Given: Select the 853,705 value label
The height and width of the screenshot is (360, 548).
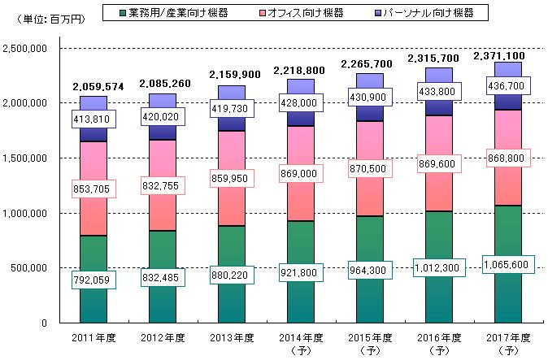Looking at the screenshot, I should point(94,189).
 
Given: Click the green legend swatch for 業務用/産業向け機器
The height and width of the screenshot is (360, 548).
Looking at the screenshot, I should point(122,13).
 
